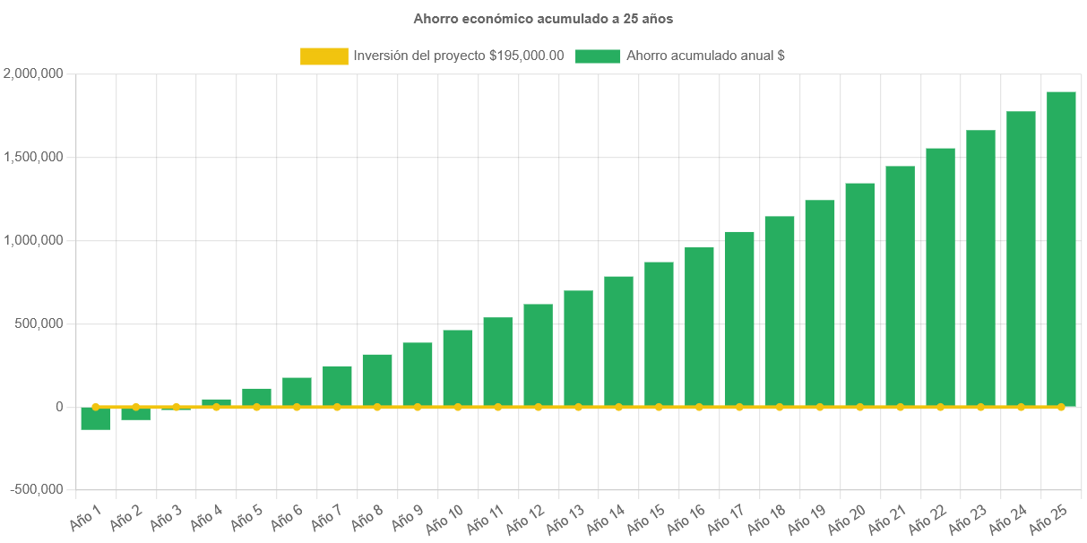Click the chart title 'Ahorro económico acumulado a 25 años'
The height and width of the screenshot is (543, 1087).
(543, 18)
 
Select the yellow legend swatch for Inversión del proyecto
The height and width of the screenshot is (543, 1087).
(324, 56)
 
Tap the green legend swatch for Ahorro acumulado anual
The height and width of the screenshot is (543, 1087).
(598, 56)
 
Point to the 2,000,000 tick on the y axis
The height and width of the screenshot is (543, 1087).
(33, 73)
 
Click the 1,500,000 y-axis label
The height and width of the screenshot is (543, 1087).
(33, 157)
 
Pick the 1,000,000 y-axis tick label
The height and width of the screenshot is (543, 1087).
(33, 240)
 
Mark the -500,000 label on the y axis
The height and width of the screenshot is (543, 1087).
(37, 489)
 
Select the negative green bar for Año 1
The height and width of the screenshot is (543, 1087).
(96, 419)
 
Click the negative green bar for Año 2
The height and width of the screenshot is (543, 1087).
(136, 414)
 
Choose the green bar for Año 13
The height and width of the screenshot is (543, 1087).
(578, 349)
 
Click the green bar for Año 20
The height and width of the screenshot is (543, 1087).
(859, 295)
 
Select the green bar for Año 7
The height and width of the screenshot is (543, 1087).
(337, 386)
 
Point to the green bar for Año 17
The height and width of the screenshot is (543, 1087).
(739, 319)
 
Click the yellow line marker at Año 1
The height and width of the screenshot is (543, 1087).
(96, 407)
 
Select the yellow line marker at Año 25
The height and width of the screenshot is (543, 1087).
(1061, 407)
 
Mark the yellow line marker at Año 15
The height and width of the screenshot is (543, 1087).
(659, 407)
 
